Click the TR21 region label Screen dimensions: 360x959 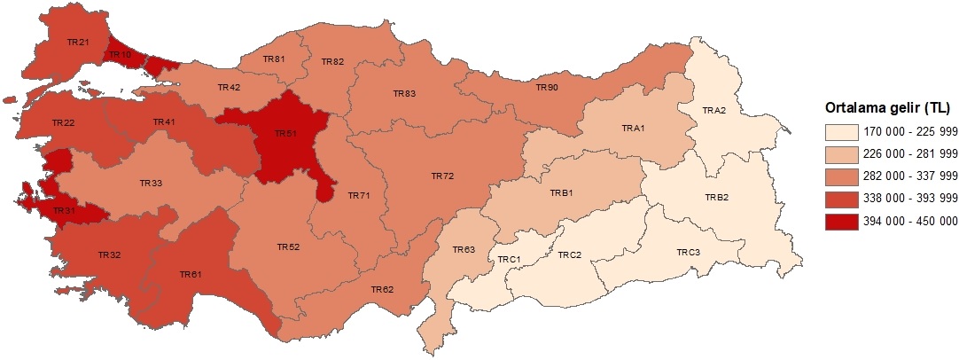click(79, 42)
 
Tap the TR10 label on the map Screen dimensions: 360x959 click(121, 55)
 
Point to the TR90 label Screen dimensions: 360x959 click(547, 88)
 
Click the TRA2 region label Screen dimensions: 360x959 click(714, 110)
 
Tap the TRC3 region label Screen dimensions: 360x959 click(689, 253)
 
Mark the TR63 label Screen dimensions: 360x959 click(464, 250)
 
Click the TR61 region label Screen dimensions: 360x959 click(191, 275)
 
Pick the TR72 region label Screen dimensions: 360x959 click(442, 177)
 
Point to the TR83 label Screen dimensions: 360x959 click(405, 93)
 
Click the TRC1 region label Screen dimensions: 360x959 click(508, 259)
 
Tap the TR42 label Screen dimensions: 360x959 click(229, 87)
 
